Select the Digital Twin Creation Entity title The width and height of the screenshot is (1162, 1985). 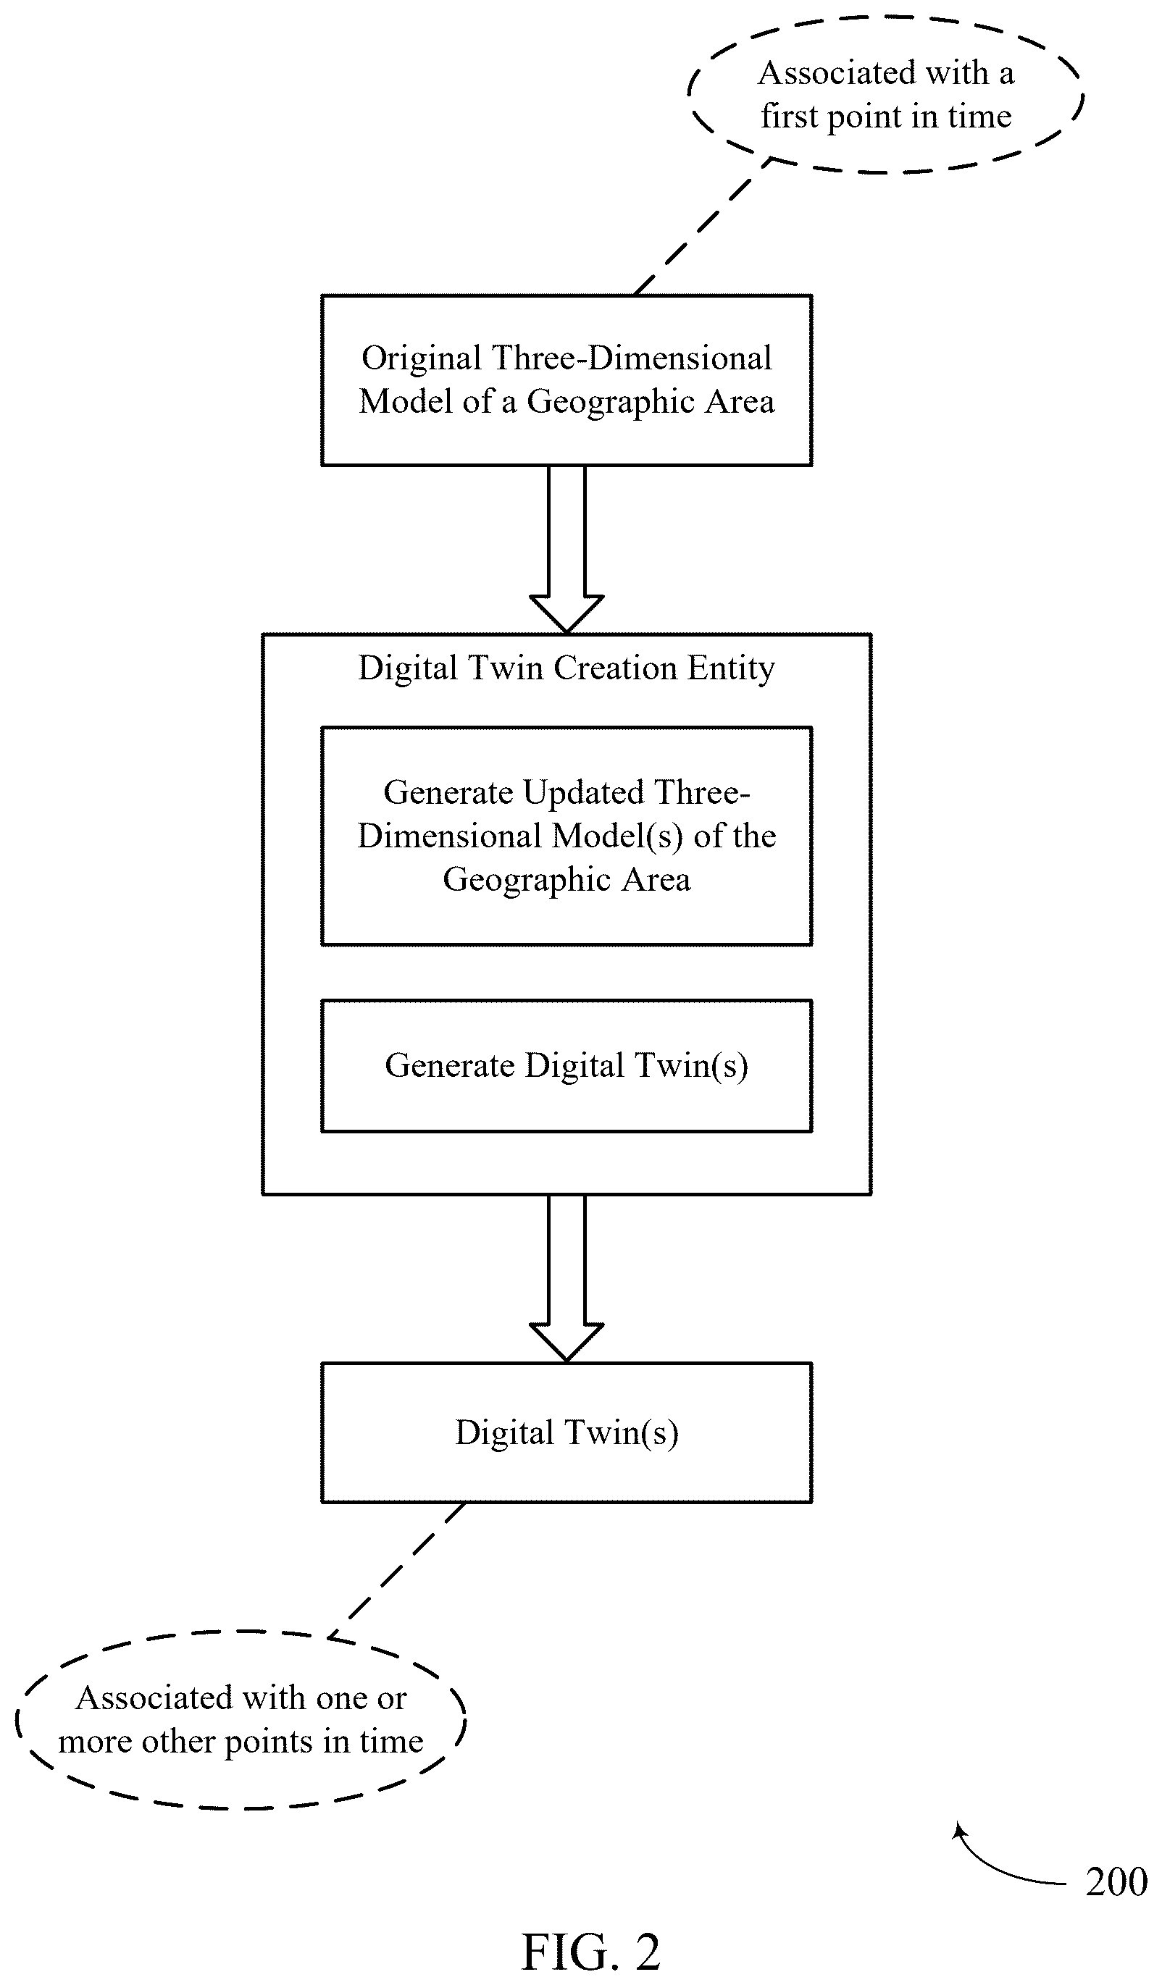[567, 668]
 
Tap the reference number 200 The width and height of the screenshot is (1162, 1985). [1116, 1882]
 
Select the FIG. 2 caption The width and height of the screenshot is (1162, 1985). [591, 1952]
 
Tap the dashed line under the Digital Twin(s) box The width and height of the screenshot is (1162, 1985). [396, 1571]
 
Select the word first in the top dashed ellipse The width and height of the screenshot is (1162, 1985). [789, 117]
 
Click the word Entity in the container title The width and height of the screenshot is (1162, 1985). [731, 668]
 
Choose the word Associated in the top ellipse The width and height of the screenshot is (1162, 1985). [837, 73]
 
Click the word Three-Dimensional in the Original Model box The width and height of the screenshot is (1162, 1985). [632, 359]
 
